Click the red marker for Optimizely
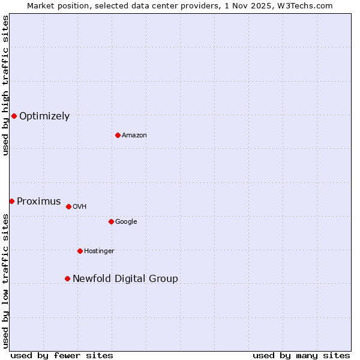pos(14,116)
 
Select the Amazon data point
pos(118,135)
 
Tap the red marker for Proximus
pos(11,201)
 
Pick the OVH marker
pos(68,206)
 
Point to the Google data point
pos(111,221)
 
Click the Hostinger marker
pos(80,251)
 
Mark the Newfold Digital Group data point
pos(67,278)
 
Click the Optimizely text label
pos(44,116)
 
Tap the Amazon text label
pos(134,136)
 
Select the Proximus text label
pos(39,202)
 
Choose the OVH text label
pos(80,207)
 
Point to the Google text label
pos(126,222)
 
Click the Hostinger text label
pos(99,251)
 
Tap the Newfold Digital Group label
pos(125,279)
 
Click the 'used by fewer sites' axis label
pos(62,355)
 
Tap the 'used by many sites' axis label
pos(301,355)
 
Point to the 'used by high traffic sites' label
pos(6,86)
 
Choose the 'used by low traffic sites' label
pos(6,281)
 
